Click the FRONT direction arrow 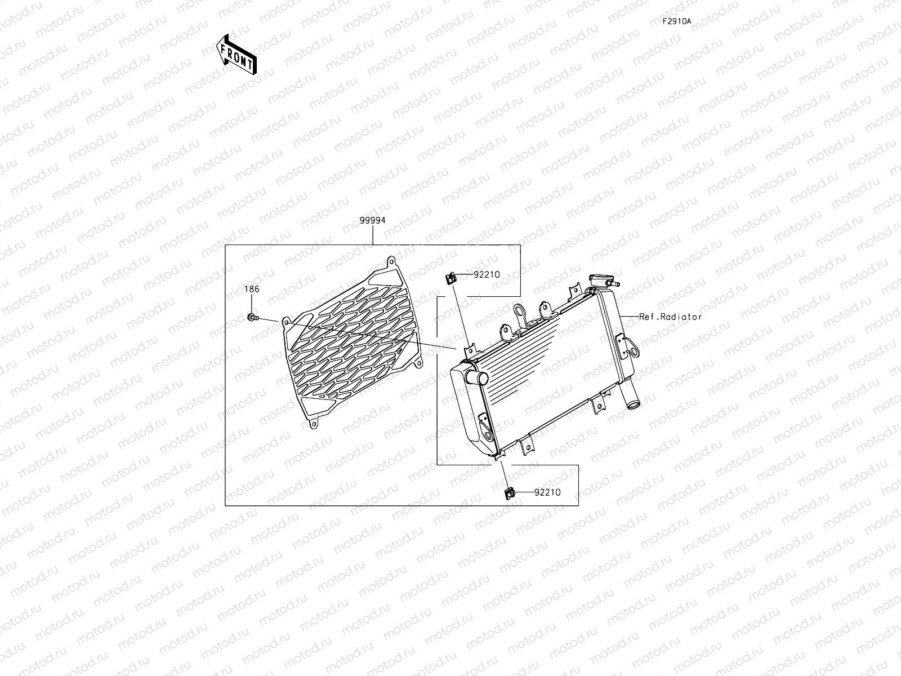(236, 54)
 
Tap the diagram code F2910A (676, 21)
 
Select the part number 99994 (372, 221)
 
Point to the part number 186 (252, 289)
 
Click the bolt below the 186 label (252, 318)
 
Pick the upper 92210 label (487, 275)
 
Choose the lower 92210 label (547, 492)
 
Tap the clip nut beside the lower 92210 (509, 493)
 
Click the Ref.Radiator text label (670, 317)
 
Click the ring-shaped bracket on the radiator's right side (634, 352)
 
